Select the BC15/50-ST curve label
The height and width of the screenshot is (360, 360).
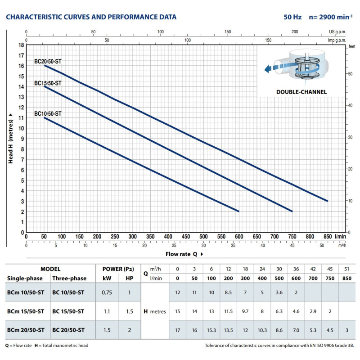point(48,83)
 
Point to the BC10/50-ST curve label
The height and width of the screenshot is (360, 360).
point(48,114)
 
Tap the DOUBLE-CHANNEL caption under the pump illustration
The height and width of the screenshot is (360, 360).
point(301,92)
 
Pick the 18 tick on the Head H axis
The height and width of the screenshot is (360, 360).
point(20,45)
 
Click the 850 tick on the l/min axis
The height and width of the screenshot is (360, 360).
point(327,236)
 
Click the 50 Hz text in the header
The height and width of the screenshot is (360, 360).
point(293,17)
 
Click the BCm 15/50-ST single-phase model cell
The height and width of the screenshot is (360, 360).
point(26,311)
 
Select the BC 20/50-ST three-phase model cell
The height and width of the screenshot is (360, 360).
point(68,330)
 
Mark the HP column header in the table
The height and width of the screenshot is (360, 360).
point(130,279)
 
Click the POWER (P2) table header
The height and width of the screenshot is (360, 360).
point(118,269)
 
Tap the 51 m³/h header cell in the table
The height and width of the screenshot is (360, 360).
point(346,269)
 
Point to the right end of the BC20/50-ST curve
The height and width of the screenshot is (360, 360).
point(327,201)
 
